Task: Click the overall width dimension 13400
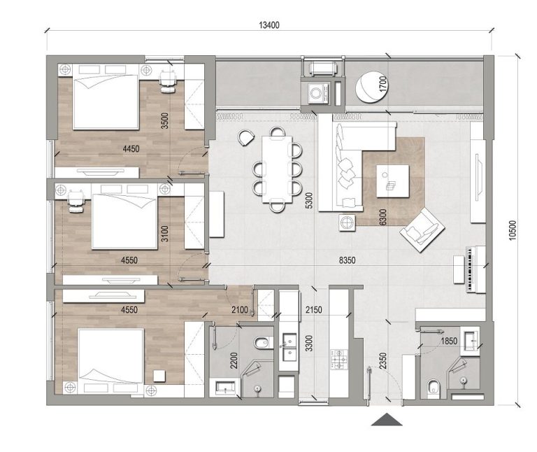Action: (269, 24)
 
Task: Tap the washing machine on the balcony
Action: (317, 92)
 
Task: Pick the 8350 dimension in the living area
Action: (347, 260)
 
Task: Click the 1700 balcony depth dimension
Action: (382, 85)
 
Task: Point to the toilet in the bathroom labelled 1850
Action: (434, 386)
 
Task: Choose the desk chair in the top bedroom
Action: (168, 81)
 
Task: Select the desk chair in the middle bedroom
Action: (76, 202)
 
